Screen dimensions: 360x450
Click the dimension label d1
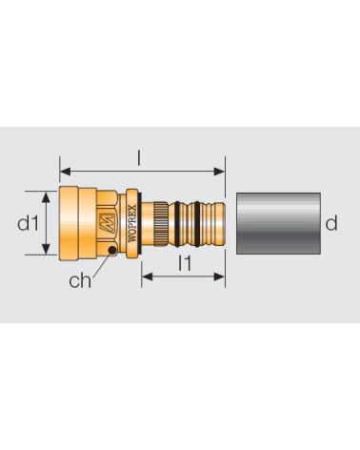click(28, 223)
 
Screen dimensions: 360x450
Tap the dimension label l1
click(185, 263)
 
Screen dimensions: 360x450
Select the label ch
click(80, 280)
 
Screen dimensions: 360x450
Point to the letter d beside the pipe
click(331, 223)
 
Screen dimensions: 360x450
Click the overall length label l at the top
click(138, 158)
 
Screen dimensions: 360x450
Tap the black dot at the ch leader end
click(112, 251)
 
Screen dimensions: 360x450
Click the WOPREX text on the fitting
click(133, 224)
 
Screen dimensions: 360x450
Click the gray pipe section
click(278, 223)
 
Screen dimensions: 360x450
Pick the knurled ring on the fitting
click(161, 224)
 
